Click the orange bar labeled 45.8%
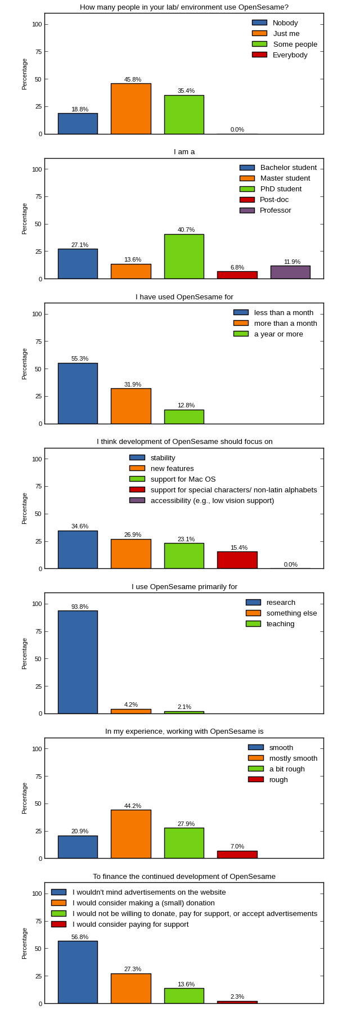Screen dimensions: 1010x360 pos(130,109)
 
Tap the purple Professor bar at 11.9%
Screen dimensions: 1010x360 pos(290,272)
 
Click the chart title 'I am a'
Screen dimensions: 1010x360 pos(184,152)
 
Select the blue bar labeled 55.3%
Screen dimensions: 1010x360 pos(78,393)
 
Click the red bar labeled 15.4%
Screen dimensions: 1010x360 pos(237,560)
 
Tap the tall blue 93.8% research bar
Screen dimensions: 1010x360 pos(78,662)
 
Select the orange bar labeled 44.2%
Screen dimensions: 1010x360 pos(130,834)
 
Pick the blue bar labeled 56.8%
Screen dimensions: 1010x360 pos(78,972)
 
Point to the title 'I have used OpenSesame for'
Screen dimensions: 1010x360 pos(184,297)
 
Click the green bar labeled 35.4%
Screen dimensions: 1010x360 pos(184,115)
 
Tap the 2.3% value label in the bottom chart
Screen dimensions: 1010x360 pos(237,996)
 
